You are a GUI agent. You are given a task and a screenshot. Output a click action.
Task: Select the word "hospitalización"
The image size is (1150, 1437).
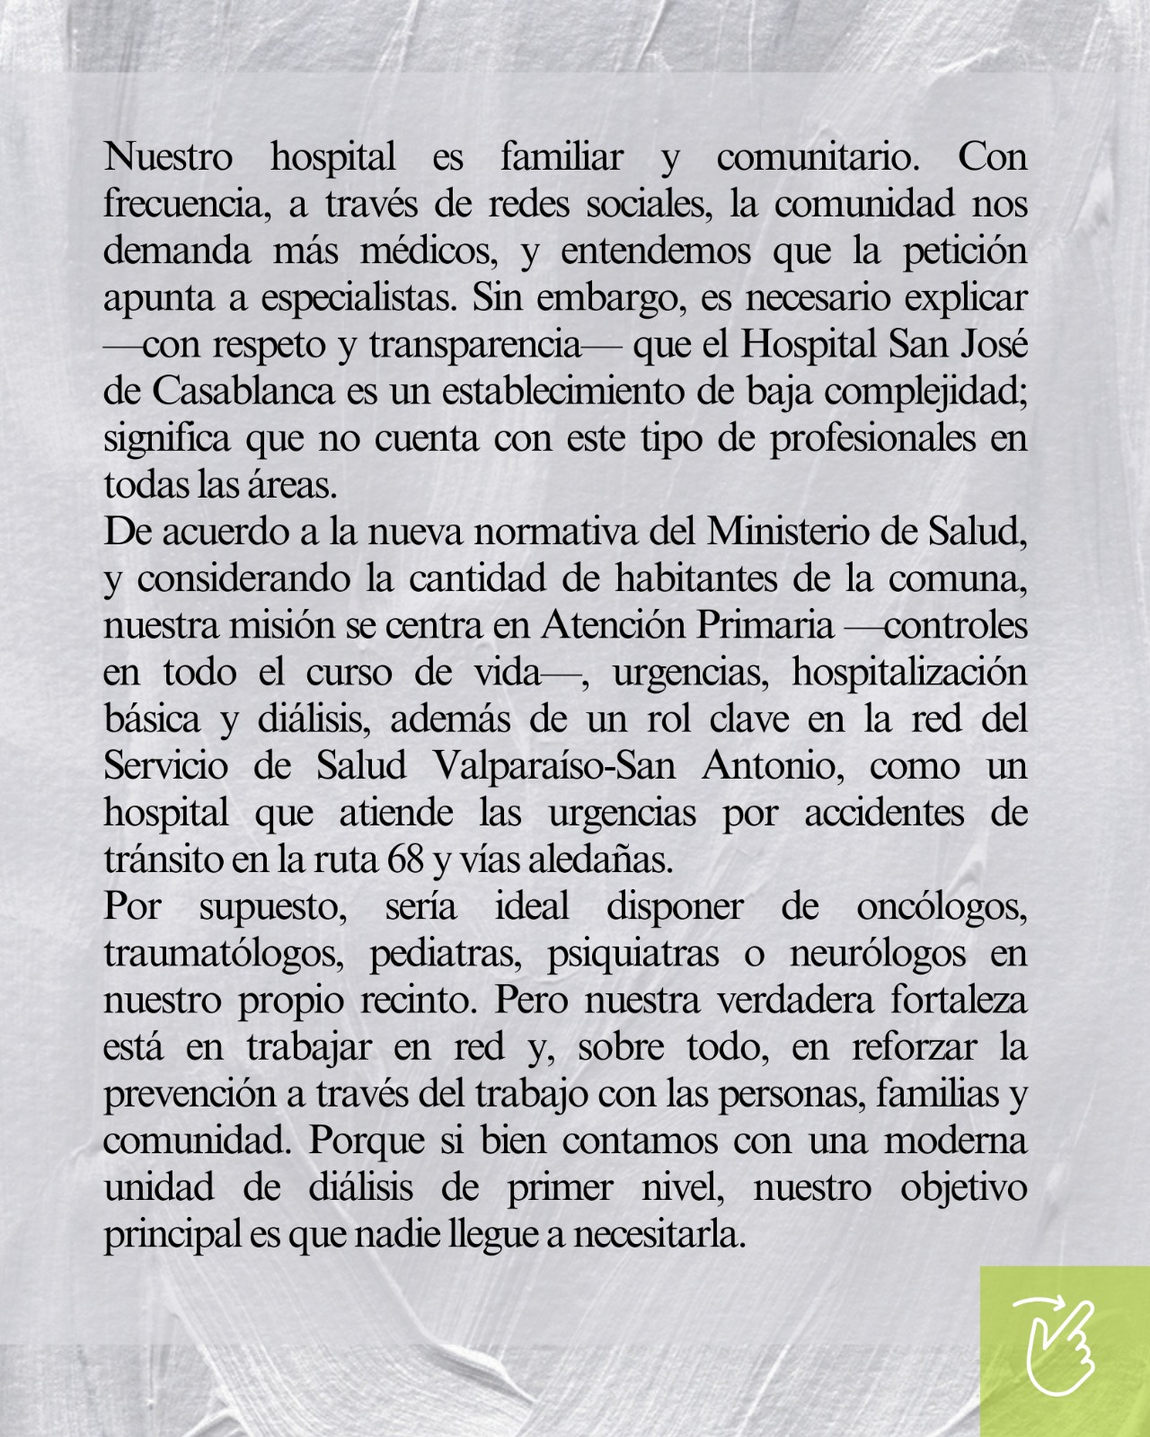coord(909,673)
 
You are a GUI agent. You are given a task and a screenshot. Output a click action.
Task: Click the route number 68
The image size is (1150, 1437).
coord(405,860)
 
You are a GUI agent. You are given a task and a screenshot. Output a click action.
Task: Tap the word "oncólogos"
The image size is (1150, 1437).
coord(942,906)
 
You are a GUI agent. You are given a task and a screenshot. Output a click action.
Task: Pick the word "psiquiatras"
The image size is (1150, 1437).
coord(633,953)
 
